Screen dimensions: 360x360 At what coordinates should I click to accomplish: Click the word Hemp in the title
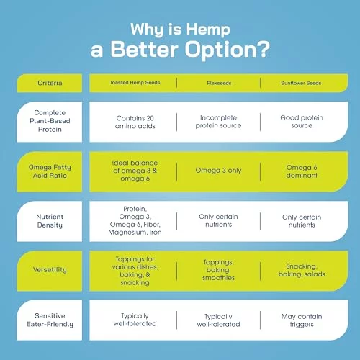208,30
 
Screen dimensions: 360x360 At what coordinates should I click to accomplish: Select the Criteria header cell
50,83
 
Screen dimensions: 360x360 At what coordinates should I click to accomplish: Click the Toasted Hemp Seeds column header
135,83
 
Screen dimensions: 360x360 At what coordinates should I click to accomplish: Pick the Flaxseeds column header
219,83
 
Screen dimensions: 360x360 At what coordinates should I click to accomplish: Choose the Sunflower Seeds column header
301,83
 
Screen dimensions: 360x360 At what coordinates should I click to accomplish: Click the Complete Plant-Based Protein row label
50,121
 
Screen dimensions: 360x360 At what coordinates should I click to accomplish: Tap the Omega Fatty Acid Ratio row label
50,171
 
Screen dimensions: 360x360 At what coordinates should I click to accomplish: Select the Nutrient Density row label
50,221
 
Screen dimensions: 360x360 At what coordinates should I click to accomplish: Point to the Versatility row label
50,270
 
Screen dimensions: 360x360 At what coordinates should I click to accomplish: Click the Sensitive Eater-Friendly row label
50,320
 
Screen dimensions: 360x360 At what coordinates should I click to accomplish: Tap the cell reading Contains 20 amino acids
135,122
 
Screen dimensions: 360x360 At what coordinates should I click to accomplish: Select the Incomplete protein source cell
218,122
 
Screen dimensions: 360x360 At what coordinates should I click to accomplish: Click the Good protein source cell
302,122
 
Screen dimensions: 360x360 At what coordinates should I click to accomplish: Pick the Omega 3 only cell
218,171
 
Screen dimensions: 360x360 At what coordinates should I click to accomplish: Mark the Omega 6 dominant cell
302,171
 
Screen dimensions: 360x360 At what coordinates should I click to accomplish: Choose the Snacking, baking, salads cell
302,270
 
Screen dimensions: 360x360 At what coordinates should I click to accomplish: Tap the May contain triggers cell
302,320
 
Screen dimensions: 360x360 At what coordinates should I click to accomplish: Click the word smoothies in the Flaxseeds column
218,278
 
